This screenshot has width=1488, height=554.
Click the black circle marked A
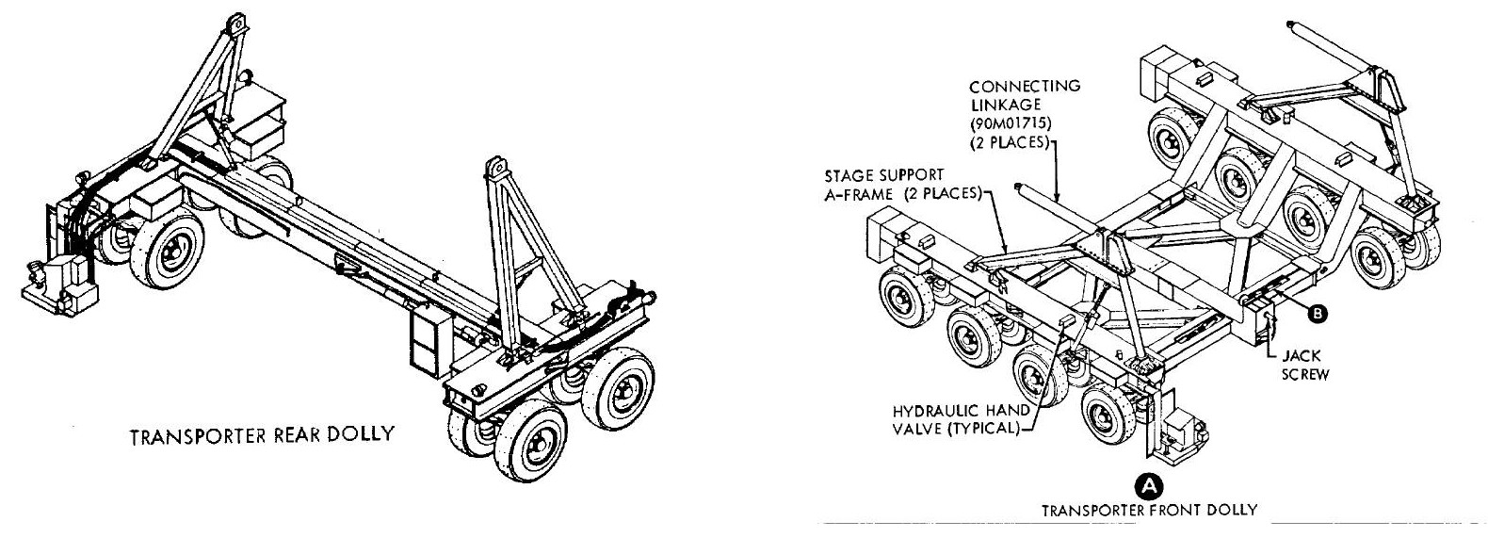tap(1149, 486)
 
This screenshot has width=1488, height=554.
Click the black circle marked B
tap(1317, 313)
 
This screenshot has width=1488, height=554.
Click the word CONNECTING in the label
tap(1025, 87)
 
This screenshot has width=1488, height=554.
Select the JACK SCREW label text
tap(1305, 366)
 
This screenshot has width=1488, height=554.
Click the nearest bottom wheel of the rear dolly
tap(530, 440)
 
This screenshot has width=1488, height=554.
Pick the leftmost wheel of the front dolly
tap(906, 297)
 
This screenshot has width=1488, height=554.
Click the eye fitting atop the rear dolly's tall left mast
tap(235, 24)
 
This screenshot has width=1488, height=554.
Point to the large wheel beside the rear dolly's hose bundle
tap(166, 247)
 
